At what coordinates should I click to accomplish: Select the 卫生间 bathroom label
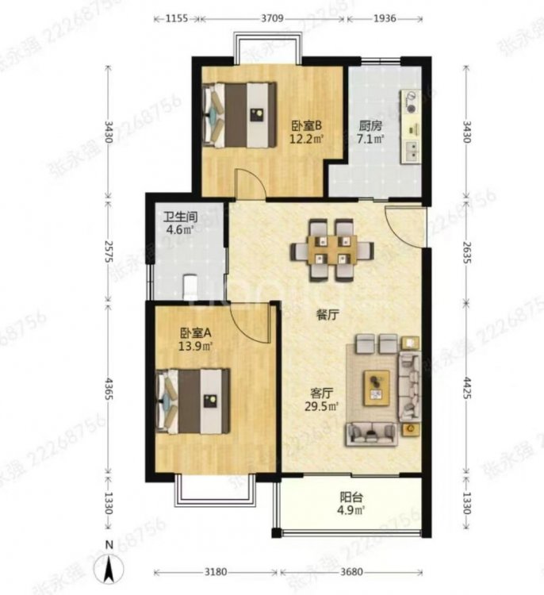click(x=180, y=216)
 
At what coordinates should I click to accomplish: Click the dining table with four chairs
click(x=332, y=249)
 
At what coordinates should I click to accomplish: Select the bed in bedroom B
click(x=239, y=114)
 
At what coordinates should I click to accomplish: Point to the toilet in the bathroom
click(x=190, y=284)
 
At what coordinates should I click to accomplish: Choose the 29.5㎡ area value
click(x=324, y=408)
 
